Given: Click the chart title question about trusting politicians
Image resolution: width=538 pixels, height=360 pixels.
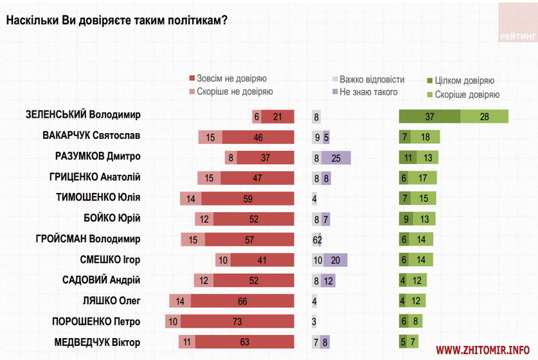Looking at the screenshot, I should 116,21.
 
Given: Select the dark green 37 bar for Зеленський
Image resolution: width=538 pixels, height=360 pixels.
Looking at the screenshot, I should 429,116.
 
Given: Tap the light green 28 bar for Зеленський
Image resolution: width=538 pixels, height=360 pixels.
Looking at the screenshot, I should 484,116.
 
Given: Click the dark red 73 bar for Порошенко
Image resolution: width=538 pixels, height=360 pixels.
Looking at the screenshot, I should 237,321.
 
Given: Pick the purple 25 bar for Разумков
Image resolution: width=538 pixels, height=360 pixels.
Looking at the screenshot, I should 336,157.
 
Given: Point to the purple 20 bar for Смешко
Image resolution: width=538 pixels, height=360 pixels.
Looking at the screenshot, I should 335,260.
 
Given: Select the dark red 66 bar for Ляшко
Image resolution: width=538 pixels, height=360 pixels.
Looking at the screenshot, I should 242,301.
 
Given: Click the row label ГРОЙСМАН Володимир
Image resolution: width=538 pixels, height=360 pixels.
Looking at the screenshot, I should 88,239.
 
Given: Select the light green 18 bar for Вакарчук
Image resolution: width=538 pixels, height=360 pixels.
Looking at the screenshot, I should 426,137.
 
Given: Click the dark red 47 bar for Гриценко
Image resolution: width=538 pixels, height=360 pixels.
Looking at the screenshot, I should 258,178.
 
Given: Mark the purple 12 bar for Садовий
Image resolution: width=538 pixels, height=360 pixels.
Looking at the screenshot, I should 328,280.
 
